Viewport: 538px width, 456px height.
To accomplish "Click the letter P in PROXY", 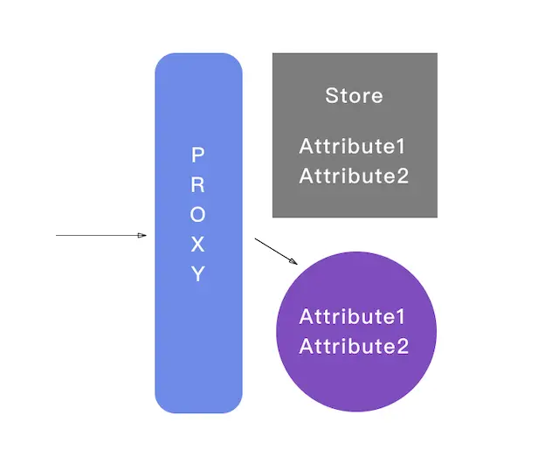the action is (x=198, y=155).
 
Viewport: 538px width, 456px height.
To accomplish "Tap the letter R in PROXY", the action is (x=198, y=185).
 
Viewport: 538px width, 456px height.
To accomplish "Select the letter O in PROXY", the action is (x=198, y=215).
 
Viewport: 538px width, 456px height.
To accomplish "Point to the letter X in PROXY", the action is (x=198, y=245).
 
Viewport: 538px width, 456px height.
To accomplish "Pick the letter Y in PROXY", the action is (x=198, y=274).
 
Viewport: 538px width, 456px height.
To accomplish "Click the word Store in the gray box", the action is (x=354, y=95).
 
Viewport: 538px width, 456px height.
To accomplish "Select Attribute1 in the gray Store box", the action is (x=354, y=146).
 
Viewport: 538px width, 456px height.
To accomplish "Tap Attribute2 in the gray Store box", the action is (x=354, y=176).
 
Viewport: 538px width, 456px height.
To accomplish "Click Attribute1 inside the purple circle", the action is (x=354, y=316).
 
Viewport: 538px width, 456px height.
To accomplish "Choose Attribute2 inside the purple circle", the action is (x=354, y=346).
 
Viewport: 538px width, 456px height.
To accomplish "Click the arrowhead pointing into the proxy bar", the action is (x=142, y=235).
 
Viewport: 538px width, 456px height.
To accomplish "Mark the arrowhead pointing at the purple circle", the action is (x=294, y=261).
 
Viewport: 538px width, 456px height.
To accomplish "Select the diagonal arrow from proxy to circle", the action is (x=274, y=249).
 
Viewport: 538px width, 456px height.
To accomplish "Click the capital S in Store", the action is (x=332, y=95).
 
